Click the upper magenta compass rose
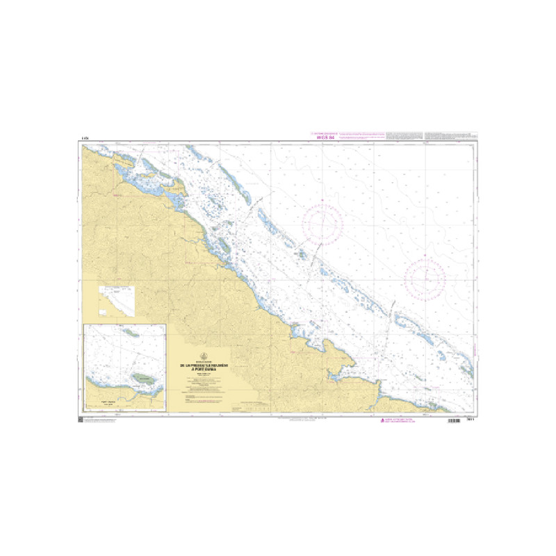[322, 223]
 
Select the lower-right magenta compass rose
[425, 278]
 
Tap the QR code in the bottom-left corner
[80, 421]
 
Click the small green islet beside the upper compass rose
[302, 254]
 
